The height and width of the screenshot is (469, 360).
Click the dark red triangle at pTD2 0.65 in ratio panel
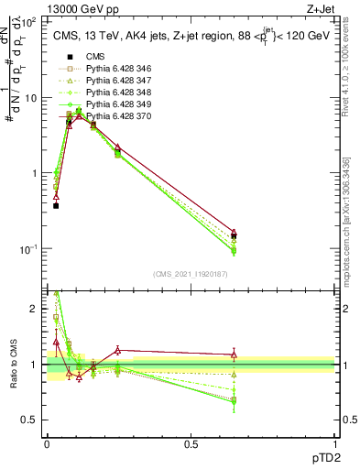pyautogui.click(x=234, y=354)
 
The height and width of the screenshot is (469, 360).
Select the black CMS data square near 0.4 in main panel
pyautogui.click(x=56, y=206)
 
